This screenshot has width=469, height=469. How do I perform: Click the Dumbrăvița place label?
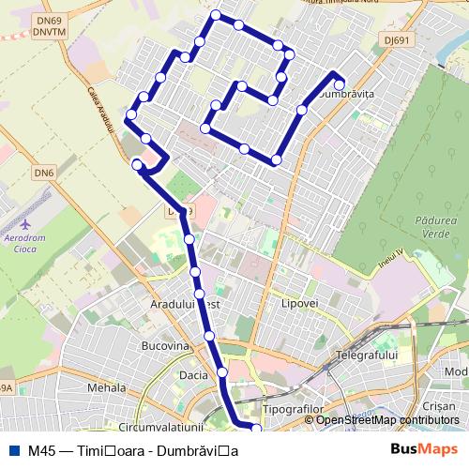(347, 95)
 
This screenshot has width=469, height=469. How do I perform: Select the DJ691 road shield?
(371, 66)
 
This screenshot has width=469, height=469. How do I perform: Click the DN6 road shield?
(44, 173)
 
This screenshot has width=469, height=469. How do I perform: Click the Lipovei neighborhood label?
(300, 305)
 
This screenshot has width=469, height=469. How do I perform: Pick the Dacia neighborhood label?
(192, 375)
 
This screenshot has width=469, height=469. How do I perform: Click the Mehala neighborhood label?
(106, 387)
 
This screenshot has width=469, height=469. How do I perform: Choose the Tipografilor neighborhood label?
(293, 411)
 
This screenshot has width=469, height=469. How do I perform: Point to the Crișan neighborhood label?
(438, 407)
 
